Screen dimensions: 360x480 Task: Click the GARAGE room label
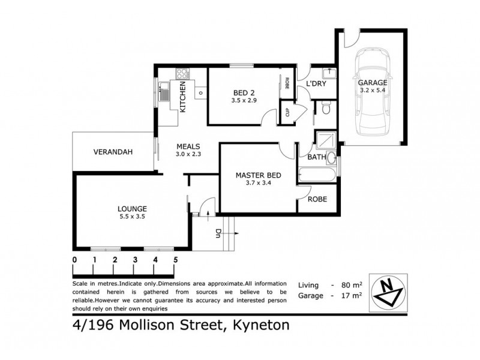point(373,82)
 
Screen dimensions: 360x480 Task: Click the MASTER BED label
point(258,175)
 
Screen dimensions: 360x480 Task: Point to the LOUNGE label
point(132,209)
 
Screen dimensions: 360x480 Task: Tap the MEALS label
point(188,146)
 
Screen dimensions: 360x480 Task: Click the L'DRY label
point(316,84)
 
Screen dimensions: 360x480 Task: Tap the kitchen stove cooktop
point(181,75)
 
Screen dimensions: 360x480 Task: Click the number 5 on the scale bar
point(176,260)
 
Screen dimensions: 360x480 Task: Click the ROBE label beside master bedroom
point(317,199)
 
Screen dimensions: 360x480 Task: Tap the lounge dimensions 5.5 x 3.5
point(132,218)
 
